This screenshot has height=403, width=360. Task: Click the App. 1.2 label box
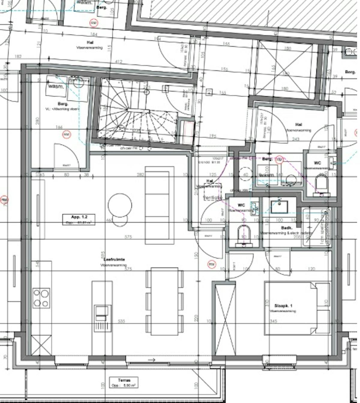pos(79,219)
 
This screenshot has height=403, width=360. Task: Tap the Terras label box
pos(124,382)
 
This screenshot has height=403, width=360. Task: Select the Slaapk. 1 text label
pos(283,306)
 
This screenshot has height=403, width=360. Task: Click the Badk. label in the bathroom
pos(286,228)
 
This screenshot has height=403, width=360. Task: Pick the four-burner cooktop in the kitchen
pos(41,298)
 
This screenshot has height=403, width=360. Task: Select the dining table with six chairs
pos(165,301)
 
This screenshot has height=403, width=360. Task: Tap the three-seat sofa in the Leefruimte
pos(159,205)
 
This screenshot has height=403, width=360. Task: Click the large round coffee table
pos(120,205)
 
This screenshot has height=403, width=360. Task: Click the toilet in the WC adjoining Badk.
pos(244,235)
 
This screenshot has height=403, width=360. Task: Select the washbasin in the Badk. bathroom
pos(279,207)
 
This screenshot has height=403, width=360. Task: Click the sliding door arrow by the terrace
pos(152,360)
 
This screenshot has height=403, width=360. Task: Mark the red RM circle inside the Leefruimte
pos(212,264)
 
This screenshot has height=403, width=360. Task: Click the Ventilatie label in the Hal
pos(213,198)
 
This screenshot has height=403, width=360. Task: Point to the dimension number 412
pos(119,62)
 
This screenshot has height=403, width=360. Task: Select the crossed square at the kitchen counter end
pos(41,345)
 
